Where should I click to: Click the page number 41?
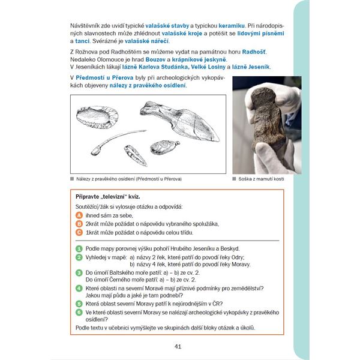[178, 346]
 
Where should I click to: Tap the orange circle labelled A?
[79, 215]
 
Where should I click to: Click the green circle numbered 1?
[79, 248]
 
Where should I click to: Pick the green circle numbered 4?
[79, 288]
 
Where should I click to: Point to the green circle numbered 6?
[79, 312]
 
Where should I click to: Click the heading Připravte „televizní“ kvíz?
[108, 197]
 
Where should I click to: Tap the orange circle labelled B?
[79, 224]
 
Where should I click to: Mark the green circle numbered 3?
[79, 272]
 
